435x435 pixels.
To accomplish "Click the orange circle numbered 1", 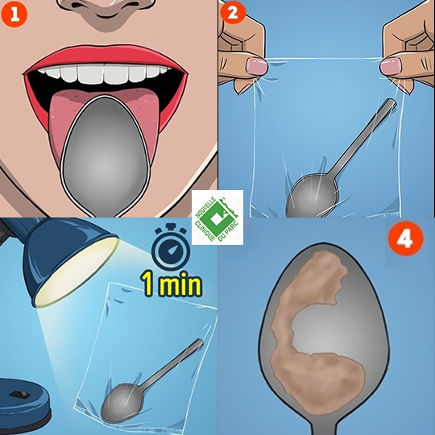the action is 14,14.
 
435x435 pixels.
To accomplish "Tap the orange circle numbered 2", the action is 233,12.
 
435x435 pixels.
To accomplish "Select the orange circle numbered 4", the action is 405,238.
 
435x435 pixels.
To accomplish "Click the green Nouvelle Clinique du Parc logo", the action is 217,217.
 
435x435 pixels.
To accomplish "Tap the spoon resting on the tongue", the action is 106,155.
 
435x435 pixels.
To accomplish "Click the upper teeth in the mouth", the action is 105,72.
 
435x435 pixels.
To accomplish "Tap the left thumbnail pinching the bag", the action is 257,66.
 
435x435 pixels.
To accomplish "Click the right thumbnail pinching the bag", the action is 391,67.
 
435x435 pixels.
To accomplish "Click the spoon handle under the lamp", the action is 172,362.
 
